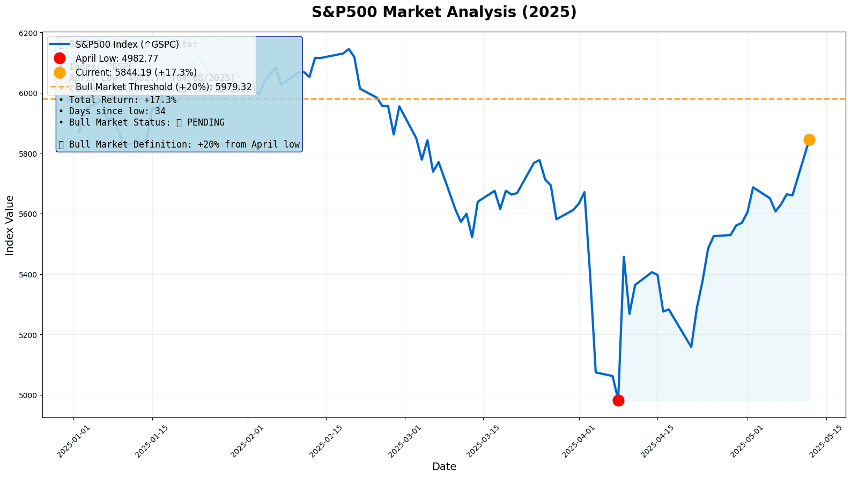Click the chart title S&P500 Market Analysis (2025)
[444, 12]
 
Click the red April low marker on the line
[618, 400]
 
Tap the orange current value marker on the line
[809, 140]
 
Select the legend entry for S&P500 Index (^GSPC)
[127, 45]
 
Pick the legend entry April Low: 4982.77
[116, 58]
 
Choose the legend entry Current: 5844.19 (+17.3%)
[136, 72]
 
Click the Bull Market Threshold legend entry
[163, 86]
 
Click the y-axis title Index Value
[10, 225]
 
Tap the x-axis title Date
[444, 467]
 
